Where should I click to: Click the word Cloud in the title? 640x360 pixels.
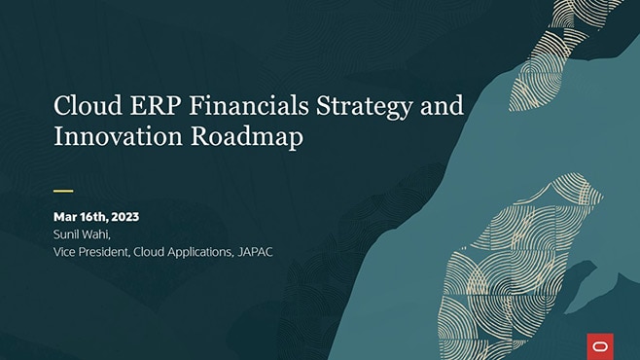pos(88,105)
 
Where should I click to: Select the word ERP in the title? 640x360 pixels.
pos(156,105)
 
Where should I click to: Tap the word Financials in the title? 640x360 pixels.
pos(249,105)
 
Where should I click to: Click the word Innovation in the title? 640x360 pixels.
pos(118,136)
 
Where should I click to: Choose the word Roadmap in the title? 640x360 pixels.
pos(247,137)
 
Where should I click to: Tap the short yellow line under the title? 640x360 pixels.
pos(63,191)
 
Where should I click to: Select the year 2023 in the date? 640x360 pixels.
pos(124,217)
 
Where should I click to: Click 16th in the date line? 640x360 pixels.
pos(93,217)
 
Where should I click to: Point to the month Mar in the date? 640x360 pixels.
pos(65,217)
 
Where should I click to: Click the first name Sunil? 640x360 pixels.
pos(65,234)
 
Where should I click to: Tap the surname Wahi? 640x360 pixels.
pos(95,234)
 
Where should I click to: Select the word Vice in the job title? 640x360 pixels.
pos(64,252)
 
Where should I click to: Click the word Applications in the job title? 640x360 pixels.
pos(200,253)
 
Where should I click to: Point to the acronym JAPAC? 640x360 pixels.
pos(255,252)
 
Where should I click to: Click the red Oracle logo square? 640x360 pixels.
pos(600,346)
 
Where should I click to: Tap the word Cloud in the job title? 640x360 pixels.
pos(149,252)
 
